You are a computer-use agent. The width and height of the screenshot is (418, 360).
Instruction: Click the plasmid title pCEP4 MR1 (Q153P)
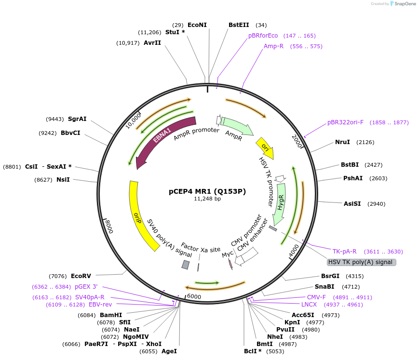coord(207,191)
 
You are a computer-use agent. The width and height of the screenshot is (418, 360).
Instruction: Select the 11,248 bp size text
coord(207,199)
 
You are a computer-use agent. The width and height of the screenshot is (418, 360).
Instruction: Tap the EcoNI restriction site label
coord(197,25)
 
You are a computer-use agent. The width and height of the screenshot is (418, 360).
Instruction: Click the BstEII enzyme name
coord(239,25)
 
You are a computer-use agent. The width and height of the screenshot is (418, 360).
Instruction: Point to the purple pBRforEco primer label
coord(263,36)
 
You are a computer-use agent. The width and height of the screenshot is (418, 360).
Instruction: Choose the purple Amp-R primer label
coord(273,46)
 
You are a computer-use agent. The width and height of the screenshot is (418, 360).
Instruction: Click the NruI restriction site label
coord(343,142)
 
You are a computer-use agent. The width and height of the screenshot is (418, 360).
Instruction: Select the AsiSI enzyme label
coord(352,204)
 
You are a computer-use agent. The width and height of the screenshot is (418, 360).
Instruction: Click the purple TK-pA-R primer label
coord(344,252)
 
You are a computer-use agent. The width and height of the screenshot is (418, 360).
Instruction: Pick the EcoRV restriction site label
coord(81,276)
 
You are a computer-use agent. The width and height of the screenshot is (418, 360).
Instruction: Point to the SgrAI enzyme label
coord(77,119)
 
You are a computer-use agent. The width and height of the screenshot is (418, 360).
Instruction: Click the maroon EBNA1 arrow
coord(164,141)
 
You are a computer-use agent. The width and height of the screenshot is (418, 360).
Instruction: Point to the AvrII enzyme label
coord(152,43)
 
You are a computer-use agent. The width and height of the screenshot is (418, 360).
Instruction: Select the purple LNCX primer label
coord(309,305)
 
